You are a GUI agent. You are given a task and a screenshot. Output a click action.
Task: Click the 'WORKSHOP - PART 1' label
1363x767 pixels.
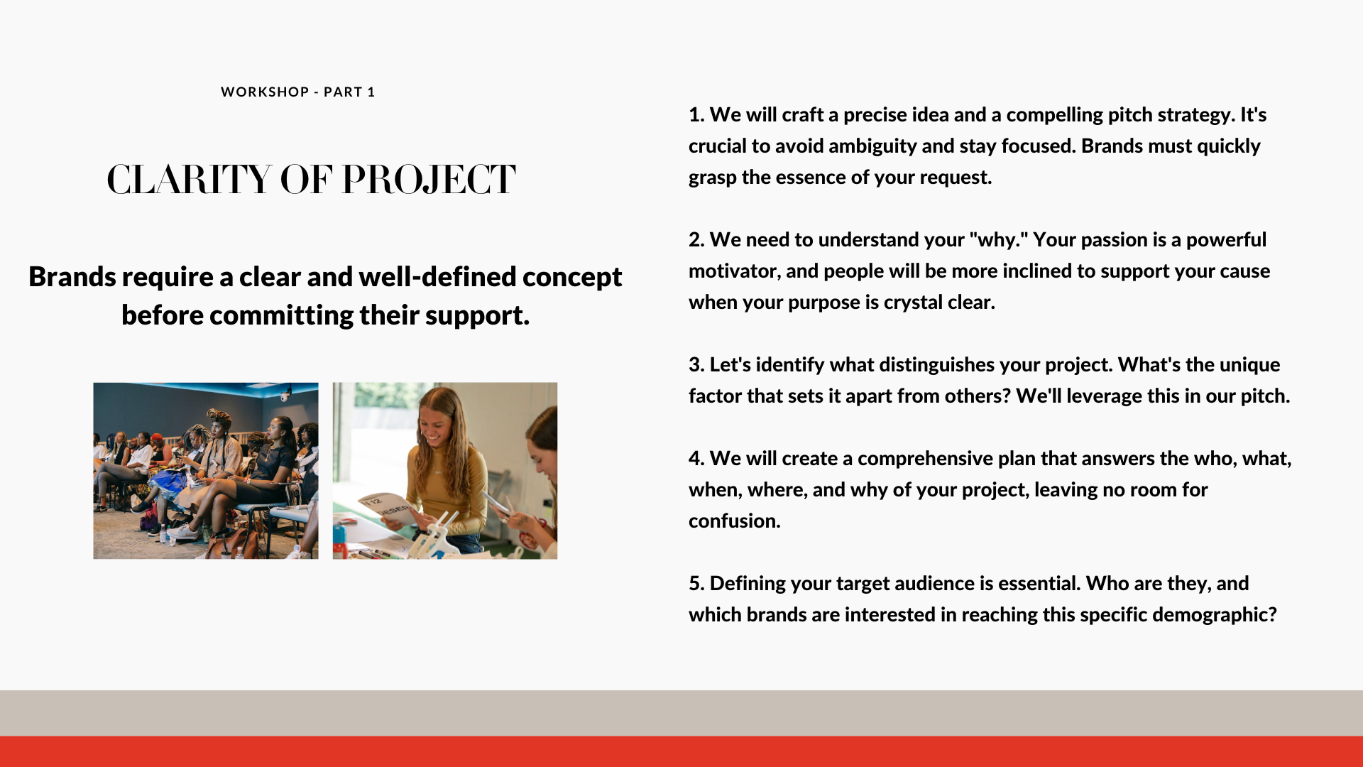(297, 92)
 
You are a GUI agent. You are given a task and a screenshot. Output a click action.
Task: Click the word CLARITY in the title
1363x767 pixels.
(189, 179)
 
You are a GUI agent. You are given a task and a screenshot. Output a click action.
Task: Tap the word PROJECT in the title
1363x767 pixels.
(428, 179)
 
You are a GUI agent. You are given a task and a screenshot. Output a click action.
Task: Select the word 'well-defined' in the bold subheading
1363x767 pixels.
(437, 276)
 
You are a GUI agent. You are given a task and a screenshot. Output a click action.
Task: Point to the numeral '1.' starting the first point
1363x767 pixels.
(696, 115)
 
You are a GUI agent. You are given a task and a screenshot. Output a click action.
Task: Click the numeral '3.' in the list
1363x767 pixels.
(696, 365)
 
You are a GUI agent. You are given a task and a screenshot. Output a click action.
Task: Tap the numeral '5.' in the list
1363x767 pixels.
(696, 584)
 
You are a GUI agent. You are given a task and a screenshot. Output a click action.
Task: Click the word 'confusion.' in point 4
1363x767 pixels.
(735, 521)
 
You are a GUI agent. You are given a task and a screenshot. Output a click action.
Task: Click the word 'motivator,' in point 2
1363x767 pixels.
(735, 271)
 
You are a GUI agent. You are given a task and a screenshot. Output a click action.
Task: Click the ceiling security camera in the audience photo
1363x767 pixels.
(286, 393)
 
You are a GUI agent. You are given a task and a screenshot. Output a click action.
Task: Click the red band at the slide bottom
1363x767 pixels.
(681, 751)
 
